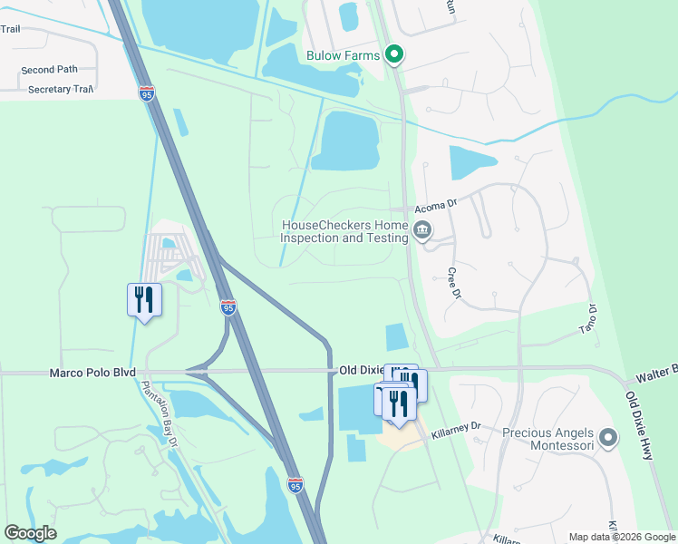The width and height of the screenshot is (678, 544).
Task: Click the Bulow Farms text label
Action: click(x=343, y=55)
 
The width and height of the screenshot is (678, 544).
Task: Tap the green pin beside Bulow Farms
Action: click(x=394, y=56)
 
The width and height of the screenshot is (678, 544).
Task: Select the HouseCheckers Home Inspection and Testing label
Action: click(x=344, y=231)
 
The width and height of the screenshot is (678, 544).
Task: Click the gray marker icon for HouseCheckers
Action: click(x=422, y=231)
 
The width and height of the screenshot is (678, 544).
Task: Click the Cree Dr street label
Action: click(x=454, y=283)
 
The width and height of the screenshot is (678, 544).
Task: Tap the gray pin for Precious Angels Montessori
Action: click(x=608, y=439)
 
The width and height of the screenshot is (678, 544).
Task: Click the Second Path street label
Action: click(x=50, y=70)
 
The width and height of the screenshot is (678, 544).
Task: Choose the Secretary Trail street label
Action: click(x=61, y=90)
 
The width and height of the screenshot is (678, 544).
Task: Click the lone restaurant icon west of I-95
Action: click(x=144, y=300)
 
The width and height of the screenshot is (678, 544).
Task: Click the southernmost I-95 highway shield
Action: click(x=295, y=486)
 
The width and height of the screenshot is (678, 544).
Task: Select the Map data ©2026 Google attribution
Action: click(x=621, y=537)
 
